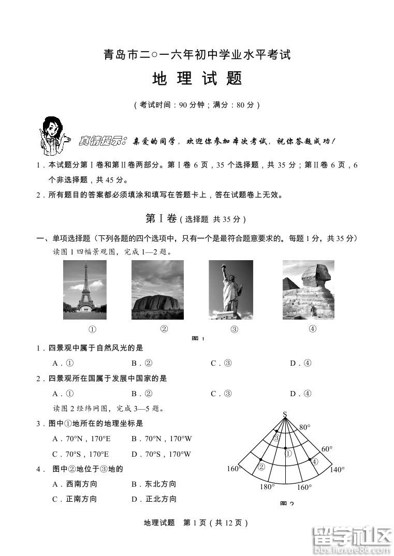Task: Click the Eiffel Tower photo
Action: click(x=84, y=290)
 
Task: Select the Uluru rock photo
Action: click(x=157, y=290)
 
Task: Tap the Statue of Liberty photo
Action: click(x=230, y=290)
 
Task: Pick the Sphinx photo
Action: click(x=308, y=290)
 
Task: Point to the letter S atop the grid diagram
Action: click(x=285, y=414)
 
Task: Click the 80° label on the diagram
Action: click(x=305, y=427)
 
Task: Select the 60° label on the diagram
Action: click(x=327, y=449)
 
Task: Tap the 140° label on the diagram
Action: click(x=337, y=470)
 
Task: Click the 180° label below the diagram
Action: click(x=267, y=487)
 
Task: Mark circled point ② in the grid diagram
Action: click(x=261, y=466)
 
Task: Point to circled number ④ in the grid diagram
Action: click(x=314, y=462)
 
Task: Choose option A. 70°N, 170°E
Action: click(x=82, y=439)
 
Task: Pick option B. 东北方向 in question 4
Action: click(x=154, y=484)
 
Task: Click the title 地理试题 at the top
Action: click(x=197, y=79)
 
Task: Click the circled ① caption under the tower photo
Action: click(x=93, y=329)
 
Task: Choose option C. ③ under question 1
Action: click(x=221, y=363)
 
